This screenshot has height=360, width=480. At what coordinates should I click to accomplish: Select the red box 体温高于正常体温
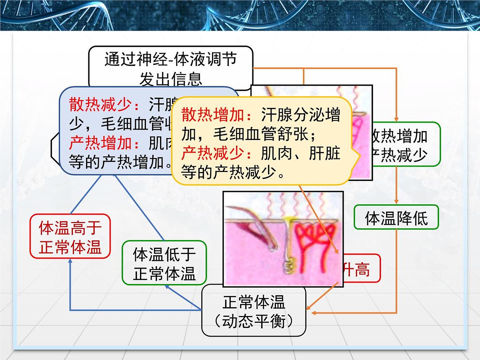click(x=70, y=236)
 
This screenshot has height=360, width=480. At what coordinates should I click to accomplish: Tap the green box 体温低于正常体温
click(x=164, y=263)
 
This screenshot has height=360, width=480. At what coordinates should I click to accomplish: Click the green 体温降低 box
click(x=396, y=217)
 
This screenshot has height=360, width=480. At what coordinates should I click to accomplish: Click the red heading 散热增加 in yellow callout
click(x=213, y=115)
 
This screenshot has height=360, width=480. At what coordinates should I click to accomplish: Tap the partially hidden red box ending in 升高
click(x=360, y=269)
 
